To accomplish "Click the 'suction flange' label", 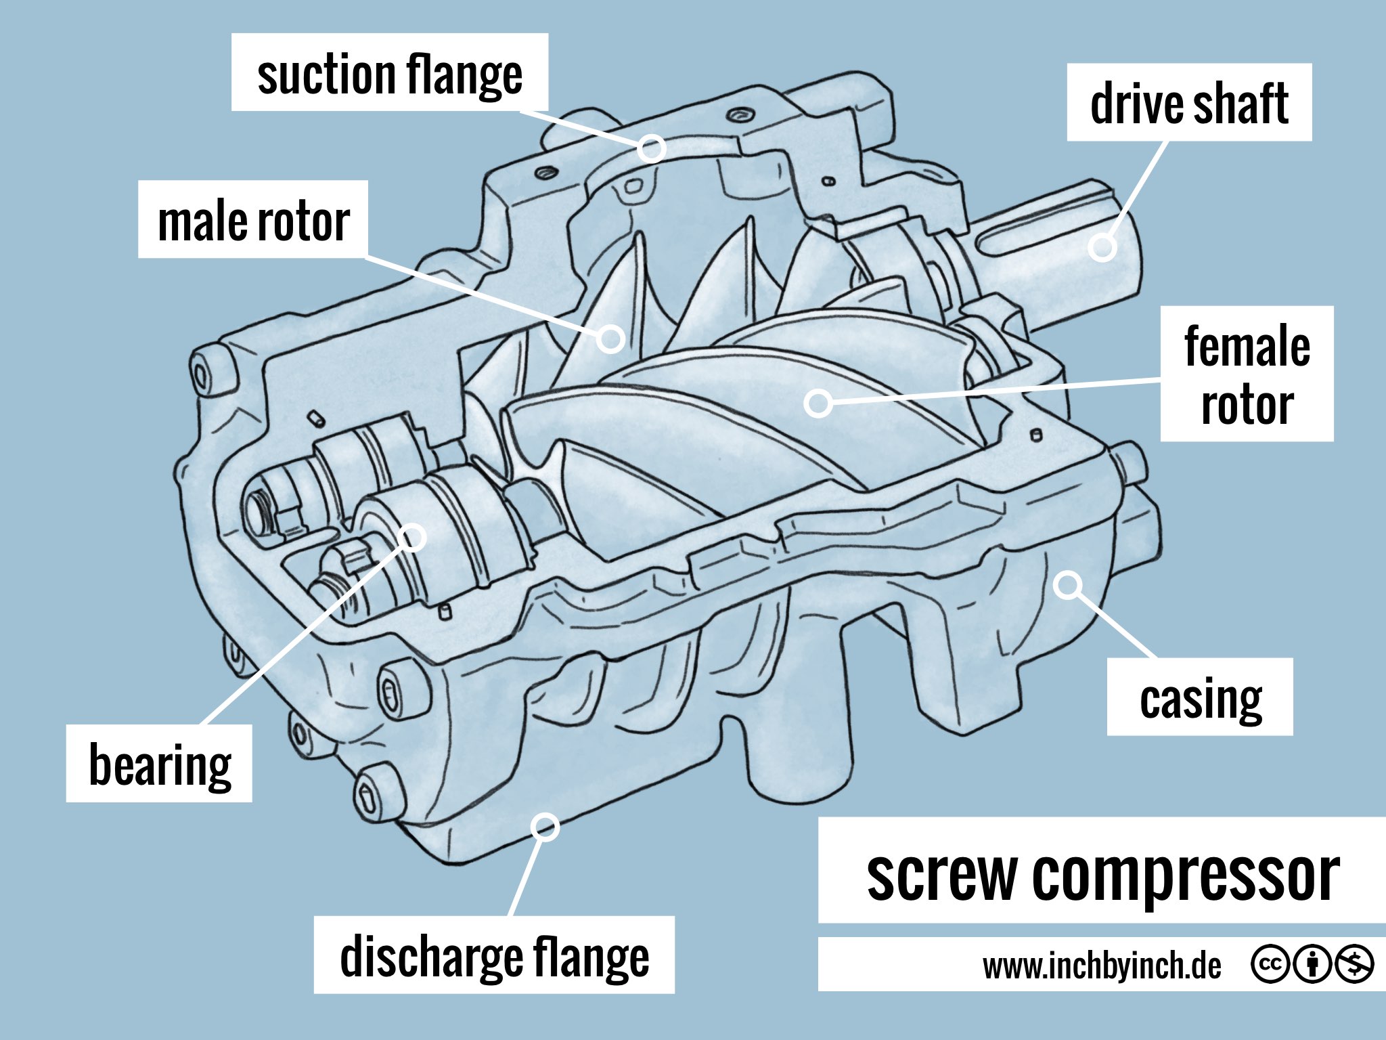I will pyautogui.click(x=389, y=73).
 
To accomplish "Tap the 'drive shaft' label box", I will pyautogui.click(x=1189, y=103).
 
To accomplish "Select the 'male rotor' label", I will pyautogui.click(x=253, y=220).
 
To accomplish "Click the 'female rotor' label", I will pyautogui.click(x=1247, y=374).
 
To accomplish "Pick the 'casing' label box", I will pyautogui.click(x=1200, y=697).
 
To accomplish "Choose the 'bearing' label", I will pyautogui.click(x=160, y=764).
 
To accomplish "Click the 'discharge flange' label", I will pyautogui.click(x=494, y=955).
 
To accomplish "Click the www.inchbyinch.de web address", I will pyautogui.click(x=1101, y=965).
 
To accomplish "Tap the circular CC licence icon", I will pyautogui.click(x=1270, y=963).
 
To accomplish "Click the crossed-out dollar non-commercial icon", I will pyautogui.click(x=1354, y=963).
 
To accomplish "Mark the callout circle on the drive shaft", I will pyautogui.click(x=1102, y=247).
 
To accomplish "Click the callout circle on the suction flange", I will pyautogui.click(x=651, y=148).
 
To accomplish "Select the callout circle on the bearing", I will pyautogui.click(x=412, y=537).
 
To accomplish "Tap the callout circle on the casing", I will pyautogui.click(x=1068, y=584).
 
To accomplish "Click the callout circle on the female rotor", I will pyautogui.click(x=818, y=403).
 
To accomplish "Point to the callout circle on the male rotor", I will pyautogui.click(x=610, y=338).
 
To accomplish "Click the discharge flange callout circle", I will pyautogui.click(x=545, y=827).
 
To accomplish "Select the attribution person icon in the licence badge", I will pyautogui.click(x=1312, y=963).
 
